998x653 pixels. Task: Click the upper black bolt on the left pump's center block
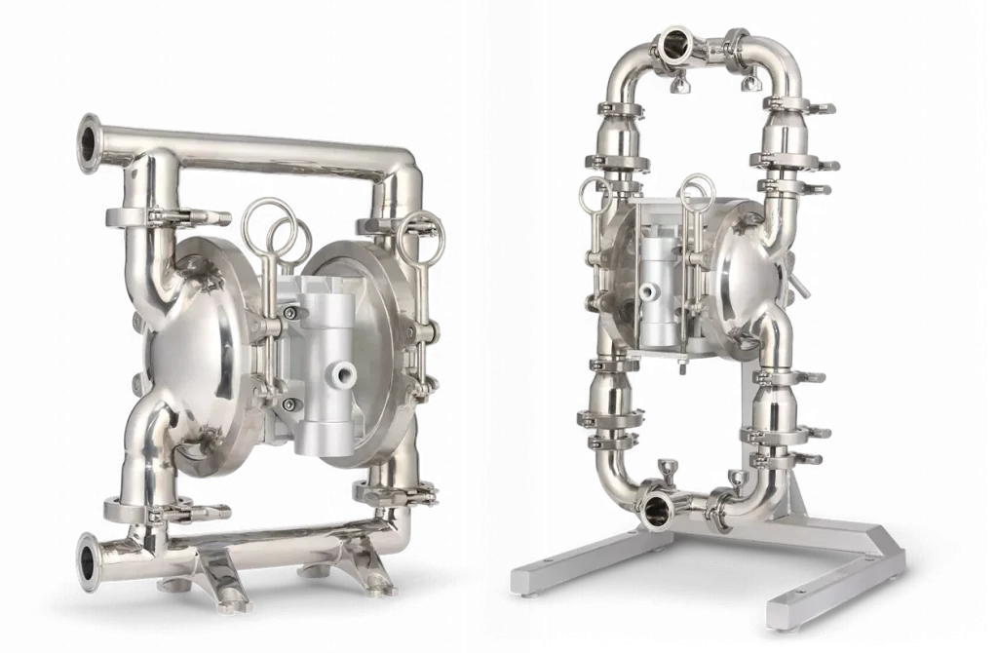coord(289,311)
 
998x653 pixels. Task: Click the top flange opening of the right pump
coord(674,42)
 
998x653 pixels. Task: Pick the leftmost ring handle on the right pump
coord(593,194)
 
